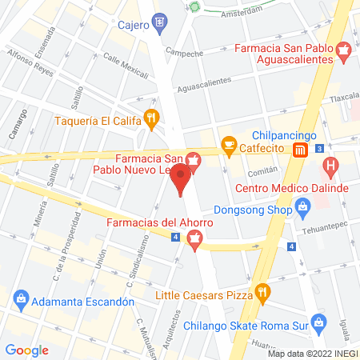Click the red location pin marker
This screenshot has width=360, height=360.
point(182,177)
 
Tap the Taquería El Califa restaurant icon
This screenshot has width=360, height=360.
point(150,121)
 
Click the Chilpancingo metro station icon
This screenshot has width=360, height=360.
point(300,150)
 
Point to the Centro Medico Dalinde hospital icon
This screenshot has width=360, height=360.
point(329,170)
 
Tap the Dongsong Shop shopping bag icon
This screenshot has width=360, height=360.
point(302,211)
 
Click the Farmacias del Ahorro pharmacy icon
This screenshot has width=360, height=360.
point(193,237)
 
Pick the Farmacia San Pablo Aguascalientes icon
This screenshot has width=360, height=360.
point(344,54)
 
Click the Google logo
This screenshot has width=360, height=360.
point(27,350)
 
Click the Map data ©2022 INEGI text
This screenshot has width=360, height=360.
point(313,354)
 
